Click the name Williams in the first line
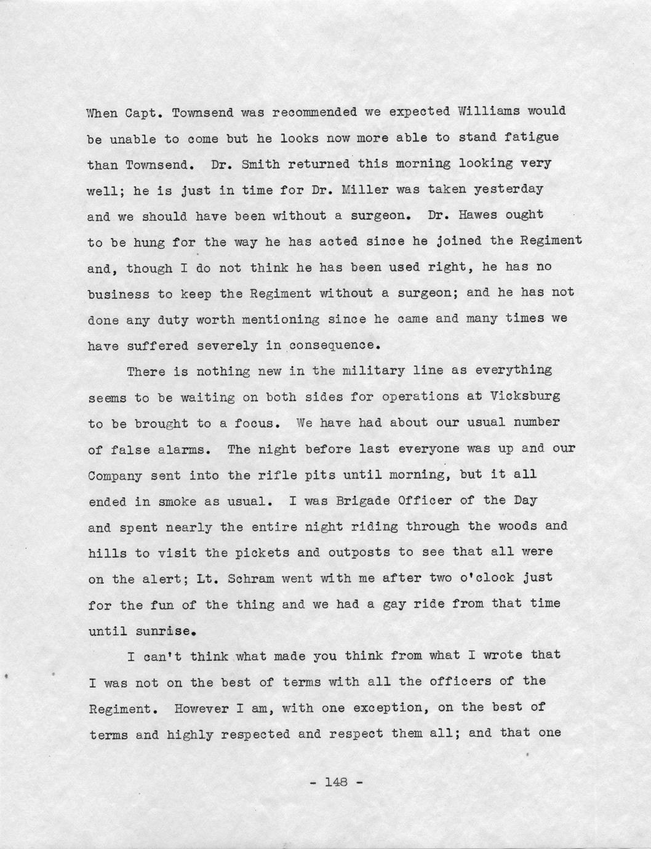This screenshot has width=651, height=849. tap(492, 113)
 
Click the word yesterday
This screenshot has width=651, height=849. tap(511, 189)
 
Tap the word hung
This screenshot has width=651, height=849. tap(145, 242)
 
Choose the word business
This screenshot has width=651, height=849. tap(118, 294)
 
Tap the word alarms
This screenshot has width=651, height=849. tap(184, 449)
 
